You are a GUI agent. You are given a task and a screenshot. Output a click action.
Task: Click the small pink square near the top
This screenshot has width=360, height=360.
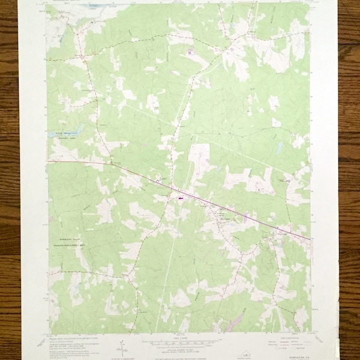tap(191, 53)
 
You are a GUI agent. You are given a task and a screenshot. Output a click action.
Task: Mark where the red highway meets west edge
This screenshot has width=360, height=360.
tap(48, 160)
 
